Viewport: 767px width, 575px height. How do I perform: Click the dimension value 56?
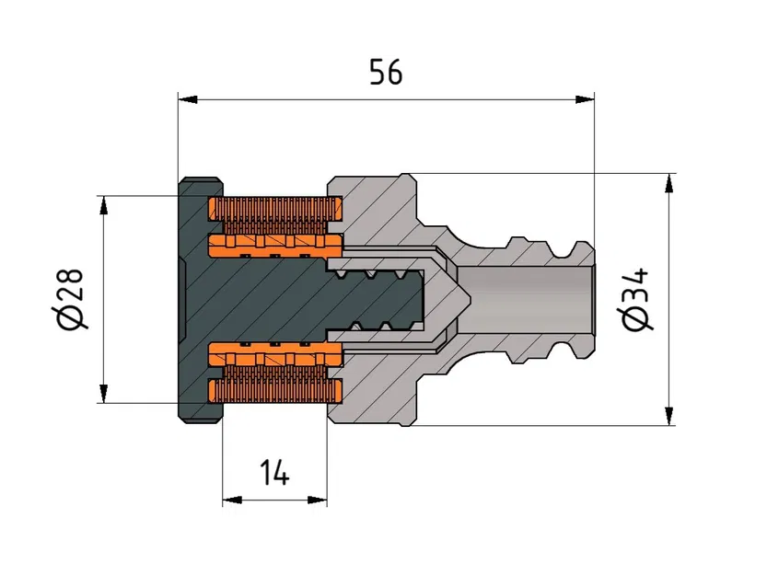[x=386, y=72]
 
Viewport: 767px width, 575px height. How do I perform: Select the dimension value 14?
[x=273, y=474]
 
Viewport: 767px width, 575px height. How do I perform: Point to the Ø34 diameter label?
[x=635, y=299]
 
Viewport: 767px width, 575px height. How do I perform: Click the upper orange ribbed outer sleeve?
[x=276, y=213]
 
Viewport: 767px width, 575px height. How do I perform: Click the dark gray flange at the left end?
[x=197, y=299]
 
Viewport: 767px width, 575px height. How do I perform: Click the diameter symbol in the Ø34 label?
[x=635, y=318]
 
